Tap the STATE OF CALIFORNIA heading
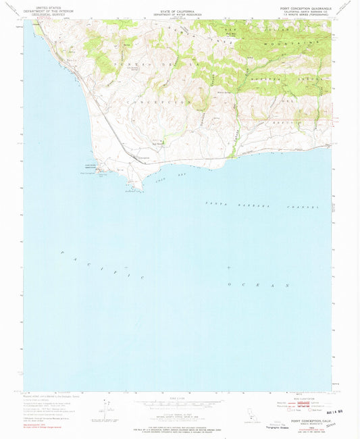tap(179, 7)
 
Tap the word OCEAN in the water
tap(259, 284)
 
